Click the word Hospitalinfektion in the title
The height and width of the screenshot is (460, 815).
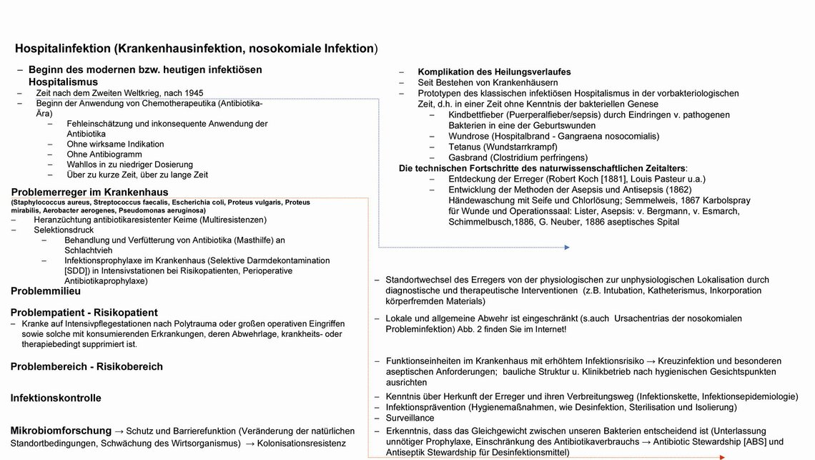coord(62,49)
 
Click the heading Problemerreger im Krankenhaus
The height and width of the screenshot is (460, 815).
coord(89,192)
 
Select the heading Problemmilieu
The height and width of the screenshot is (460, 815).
coord(46,291)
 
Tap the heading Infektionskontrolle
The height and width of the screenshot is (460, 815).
coord(56,398)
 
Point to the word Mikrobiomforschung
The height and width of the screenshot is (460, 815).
coord(61,431)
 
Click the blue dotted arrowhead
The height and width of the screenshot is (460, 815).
coord(566,248)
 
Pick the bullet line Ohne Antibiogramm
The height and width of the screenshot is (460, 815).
coord(104,154)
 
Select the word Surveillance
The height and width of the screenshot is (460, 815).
coord(410,417)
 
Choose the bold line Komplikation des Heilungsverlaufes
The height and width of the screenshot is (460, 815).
coord(494,72)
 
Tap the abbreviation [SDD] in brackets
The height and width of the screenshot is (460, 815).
coord(76,271)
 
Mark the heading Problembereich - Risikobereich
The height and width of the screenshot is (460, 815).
coord(87,366)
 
